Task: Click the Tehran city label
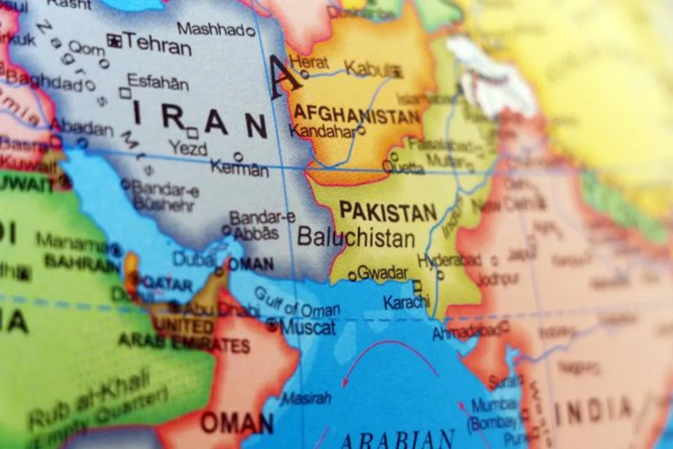(158, 43)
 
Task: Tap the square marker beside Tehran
(115, 40)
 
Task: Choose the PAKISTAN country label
(388, 212)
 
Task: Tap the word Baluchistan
(356, 237)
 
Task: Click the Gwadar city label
(382, 273)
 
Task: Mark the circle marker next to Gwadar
(352, 276)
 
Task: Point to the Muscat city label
(308, 327)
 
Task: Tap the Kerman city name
(239, 167)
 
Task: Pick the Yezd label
(188, 149)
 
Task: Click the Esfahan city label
(158, 82)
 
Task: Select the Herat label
(310, 62)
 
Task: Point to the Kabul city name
(368, 68)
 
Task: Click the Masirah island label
(306, 398)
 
